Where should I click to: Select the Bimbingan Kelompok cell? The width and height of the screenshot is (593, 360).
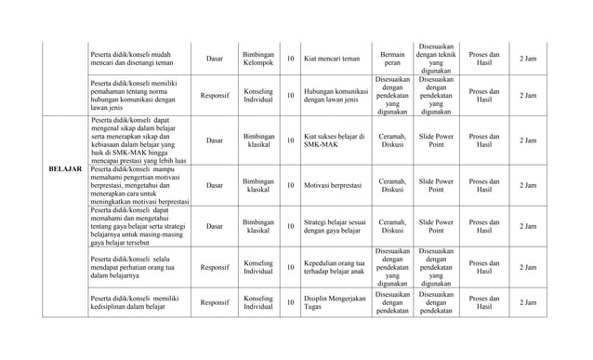252,58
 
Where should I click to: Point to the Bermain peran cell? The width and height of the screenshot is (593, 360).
392,58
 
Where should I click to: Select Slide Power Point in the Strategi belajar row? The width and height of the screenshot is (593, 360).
436,225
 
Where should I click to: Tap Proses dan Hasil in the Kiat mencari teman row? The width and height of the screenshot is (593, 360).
484,58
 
